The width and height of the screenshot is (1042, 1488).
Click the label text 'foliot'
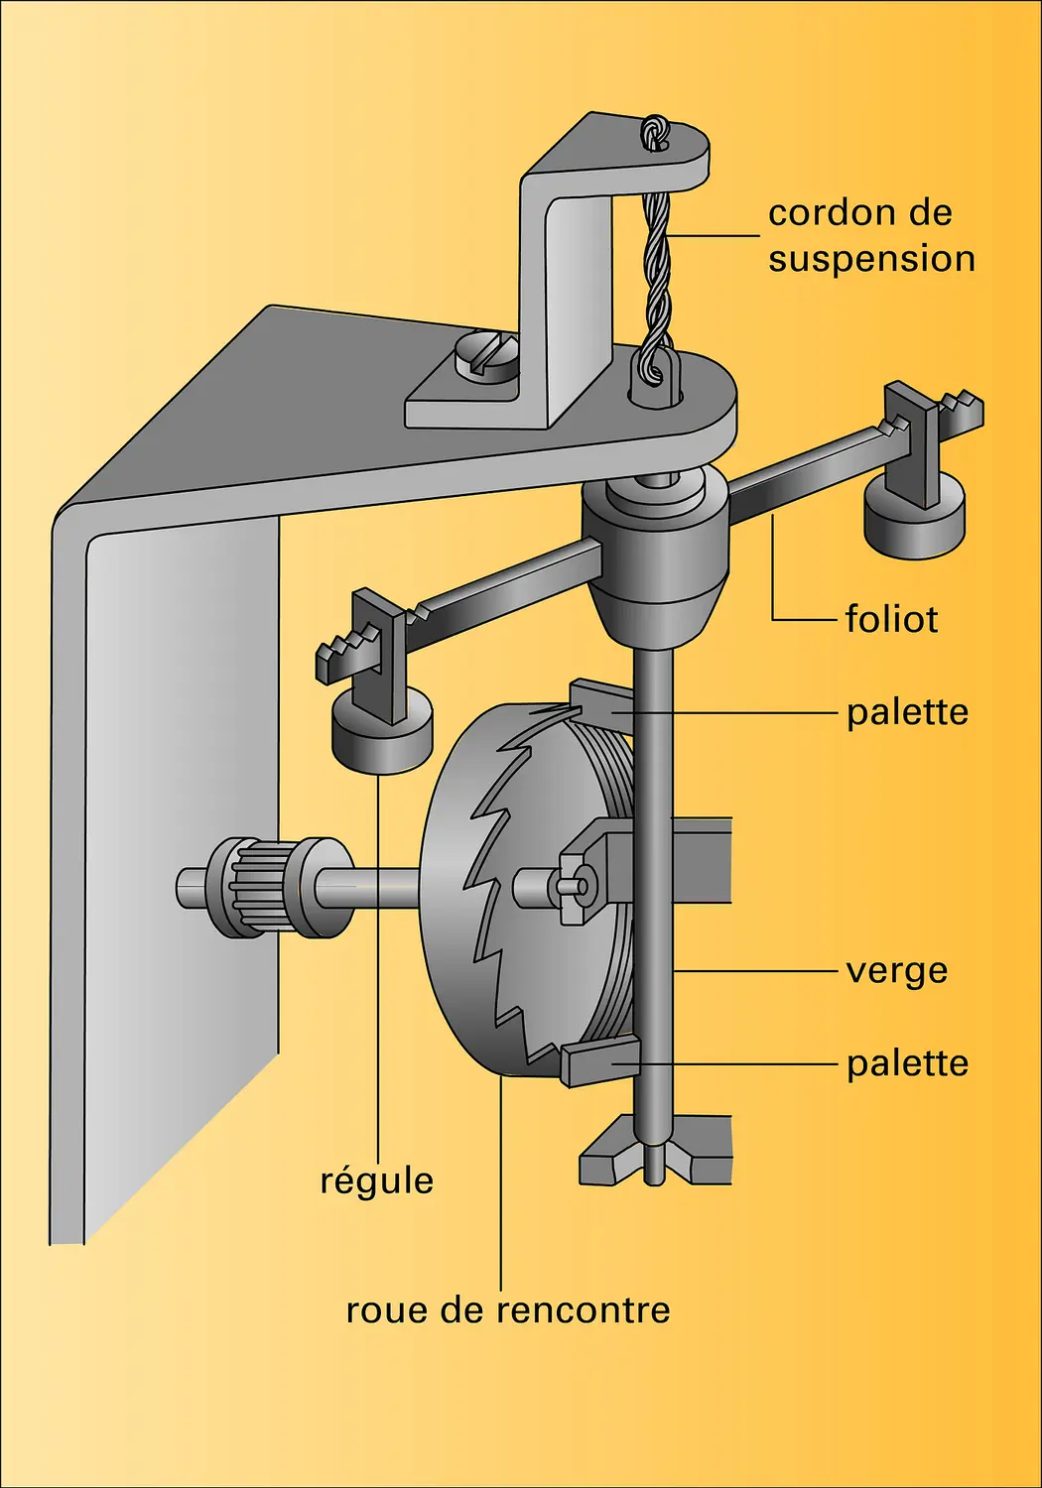click(x=890, y=619)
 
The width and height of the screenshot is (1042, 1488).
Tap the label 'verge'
click(x=896, y=971)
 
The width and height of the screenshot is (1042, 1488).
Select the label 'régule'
click(x=376, y=1181)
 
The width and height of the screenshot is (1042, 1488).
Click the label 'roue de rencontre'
click(x=507, y=1310)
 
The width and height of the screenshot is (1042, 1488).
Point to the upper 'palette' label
click(x=906, y=712)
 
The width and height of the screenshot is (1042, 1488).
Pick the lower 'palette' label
click(x=906, y=1063)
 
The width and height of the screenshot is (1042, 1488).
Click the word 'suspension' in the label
click(x=871, y=259)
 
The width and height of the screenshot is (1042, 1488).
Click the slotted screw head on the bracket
click(x=486, y=355)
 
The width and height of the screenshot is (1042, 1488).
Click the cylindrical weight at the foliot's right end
click(x=914, y=516)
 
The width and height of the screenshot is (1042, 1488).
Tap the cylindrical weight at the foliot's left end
click(x=380, y=732)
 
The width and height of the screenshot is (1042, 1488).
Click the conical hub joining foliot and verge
click(x=654, y=565)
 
